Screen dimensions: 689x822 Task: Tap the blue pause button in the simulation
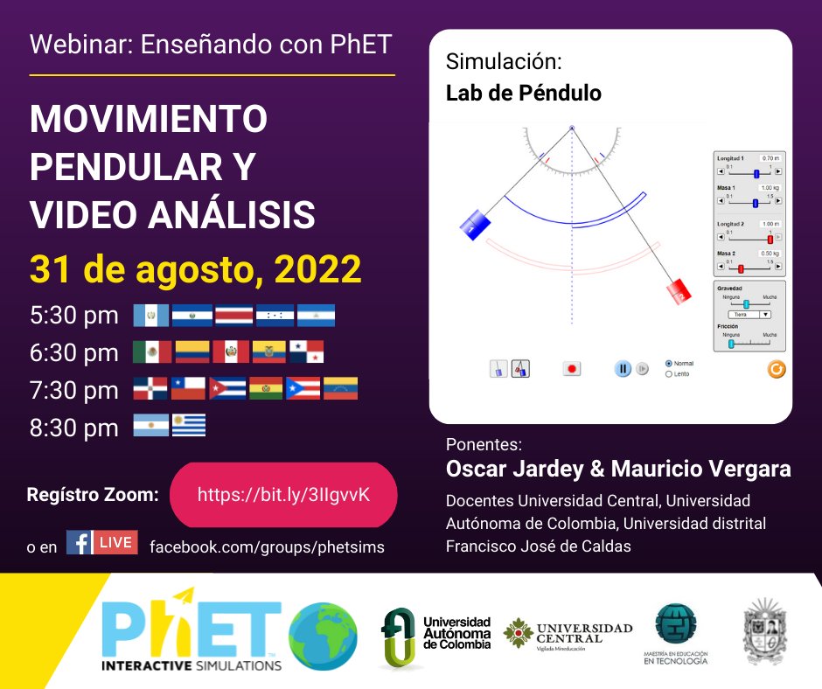622,369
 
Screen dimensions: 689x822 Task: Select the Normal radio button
669,363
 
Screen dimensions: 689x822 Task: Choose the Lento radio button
669,374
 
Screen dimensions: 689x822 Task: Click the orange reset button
776,369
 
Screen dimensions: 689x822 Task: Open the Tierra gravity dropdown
751,314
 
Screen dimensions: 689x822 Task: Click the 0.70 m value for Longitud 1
770,158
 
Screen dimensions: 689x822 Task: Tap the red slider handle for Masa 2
741,268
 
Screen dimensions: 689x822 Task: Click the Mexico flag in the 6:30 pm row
152,351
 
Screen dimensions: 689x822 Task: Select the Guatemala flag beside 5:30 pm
150,316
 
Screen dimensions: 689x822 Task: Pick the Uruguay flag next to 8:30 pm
188,426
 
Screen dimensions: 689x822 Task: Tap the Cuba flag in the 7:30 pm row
227,388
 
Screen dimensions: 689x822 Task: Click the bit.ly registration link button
283,495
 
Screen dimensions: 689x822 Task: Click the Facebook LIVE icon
102,543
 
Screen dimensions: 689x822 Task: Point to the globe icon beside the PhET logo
323,637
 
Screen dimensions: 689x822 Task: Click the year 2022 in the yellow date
318,269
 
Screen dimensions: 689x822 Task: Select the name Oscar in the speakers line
477,469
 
